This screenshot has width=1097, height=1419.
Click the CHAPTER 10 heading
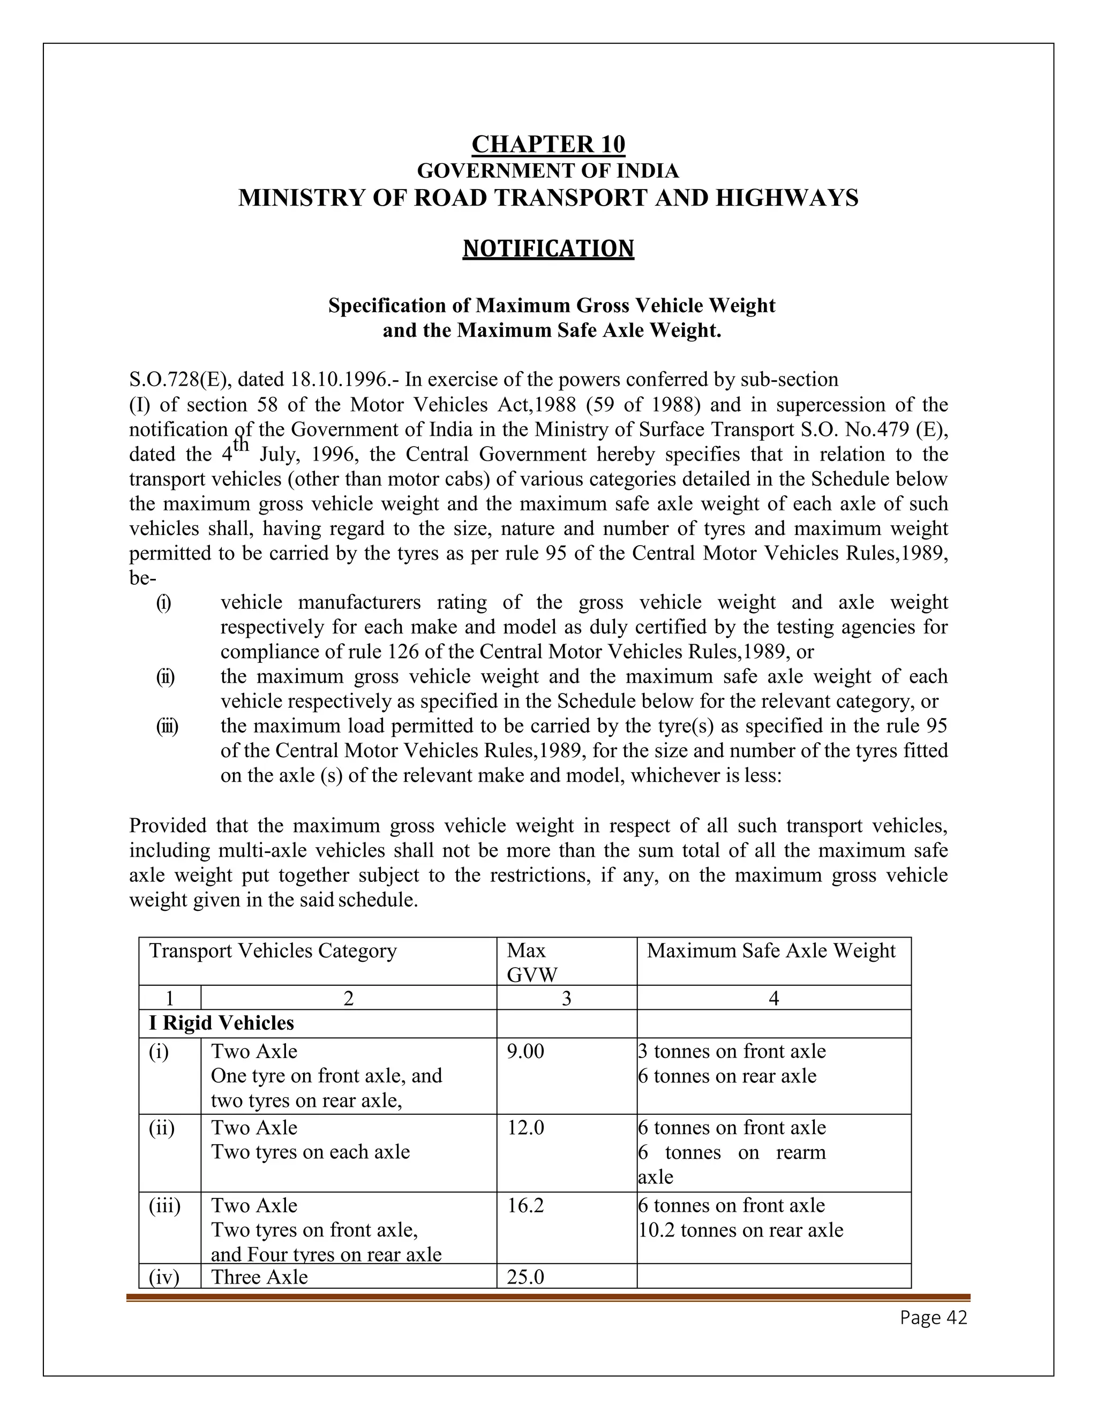(548, 144)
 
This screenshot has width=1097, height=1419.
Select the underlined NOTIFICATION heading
(548, 249)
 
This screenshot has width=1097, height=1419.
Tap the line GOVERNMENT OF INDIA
(548, 171)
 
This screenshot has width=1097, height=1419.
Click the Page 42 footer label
(933, 1318)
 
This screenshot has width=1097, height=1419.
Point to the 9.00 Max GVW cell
(525, 1051)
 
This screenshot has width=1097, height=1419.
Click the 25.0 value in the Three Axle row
(525, 1277)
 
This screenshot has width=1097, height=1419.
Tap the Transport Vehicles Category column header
(273, 950)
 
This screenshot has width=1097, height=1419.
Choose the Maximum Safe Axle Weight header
(771, 950)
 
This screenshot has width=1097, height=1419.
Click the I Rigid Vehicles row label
(221, 1023)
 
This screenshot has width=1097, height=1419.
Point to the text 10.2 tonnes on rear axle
(741, 1231)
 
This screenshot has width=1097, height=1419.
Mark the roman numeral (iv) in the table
(164, 1277)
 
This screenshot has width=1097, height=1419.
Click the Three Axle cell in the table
(259, 1277)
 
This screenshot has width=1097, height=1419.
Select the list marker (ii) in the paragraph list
(165, 677)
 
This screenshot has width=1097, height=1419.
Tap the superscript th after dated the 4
(241, 445)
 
